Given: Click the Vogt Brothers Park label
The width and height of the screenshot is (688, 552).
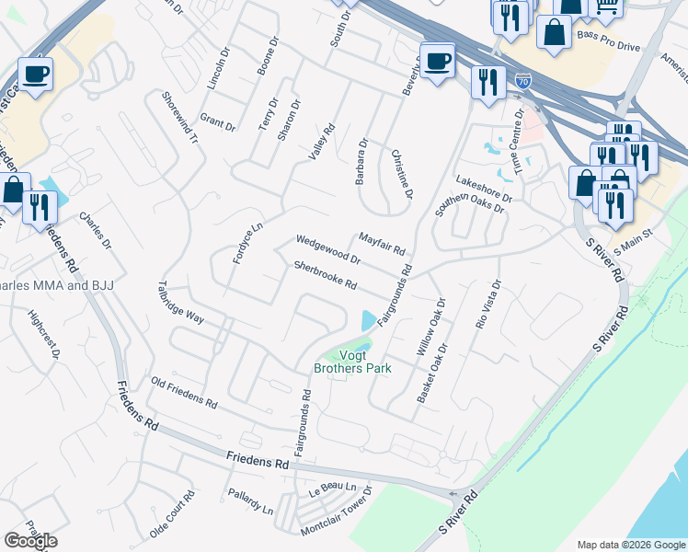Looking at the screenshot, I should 352,362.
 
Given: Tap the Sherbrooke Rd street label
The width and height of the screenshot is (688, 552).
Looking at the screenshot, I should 325,274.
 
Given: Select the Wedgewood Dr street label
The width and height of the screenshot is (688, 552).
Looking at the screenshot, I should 327,248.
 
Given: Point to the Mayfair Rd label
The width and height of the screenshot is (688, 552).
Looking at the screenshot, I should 382,244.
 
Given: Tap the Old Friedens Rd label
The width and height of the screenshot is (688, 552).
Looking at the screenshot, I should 184,393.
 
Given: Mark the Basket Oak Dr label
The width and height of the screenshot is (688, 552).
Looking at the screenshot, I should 431,374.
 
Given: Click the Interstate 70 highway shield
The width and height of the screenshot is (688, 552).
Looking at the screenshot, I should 523,82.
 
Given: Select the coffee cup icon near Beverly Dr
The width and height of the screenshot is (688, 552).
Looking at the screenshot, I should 438,60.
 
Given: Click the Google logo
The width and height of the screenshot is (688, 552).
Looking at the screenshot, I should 30,541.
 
